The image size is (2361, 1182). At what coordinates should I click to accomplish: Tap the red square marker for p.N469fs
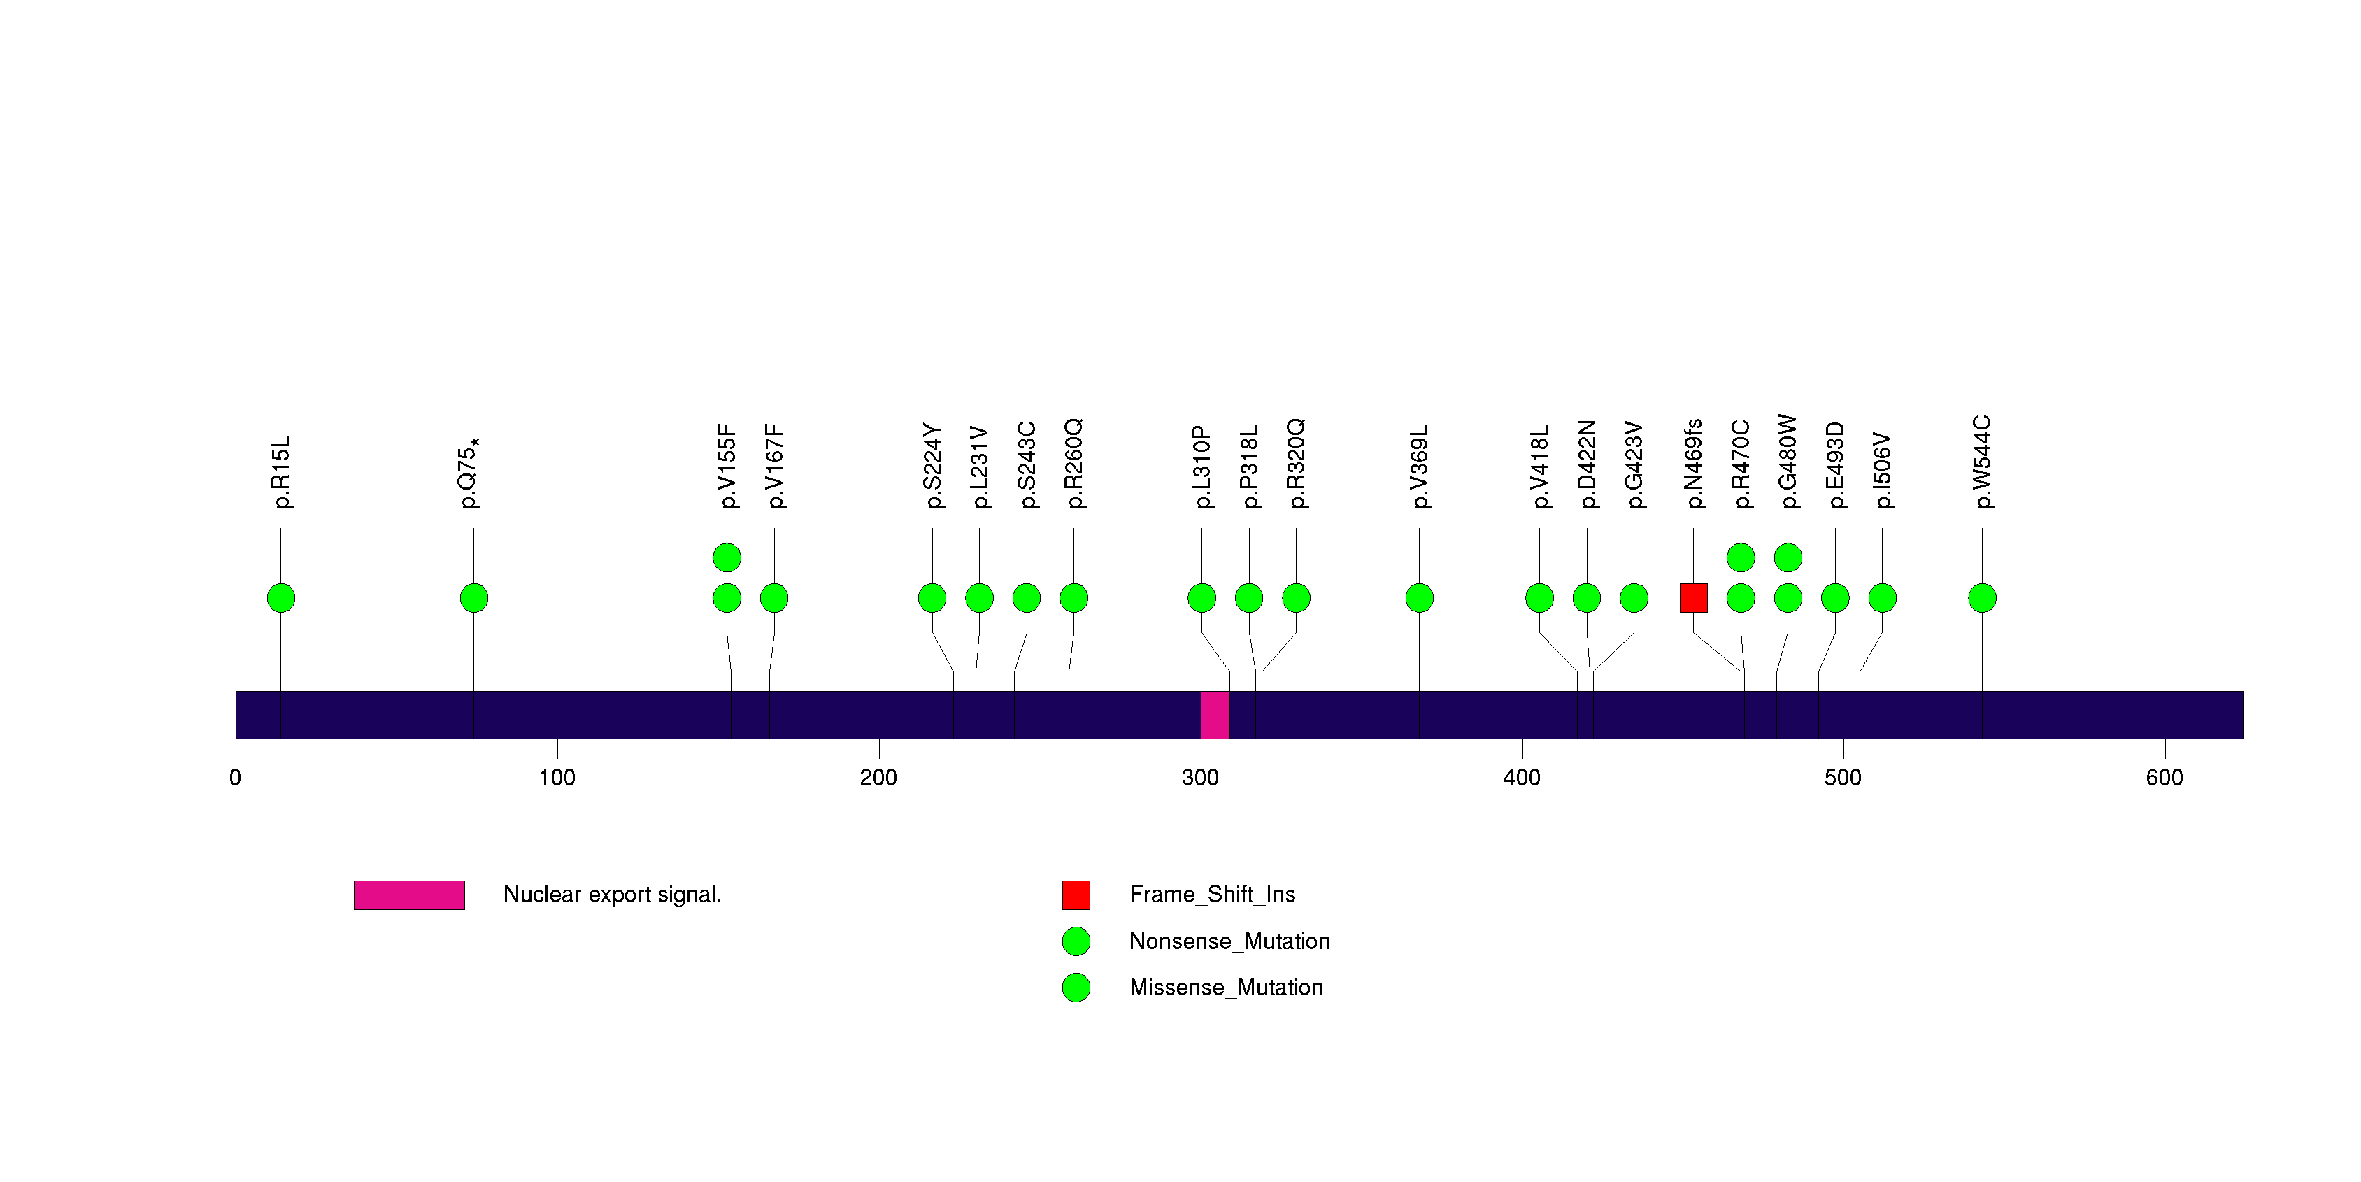coord(1693,598)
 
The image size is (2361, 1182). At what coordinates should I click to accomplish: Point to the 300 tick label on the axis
coord(1200,778)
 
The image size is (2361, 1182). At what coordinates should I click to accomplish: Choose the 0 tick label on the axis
coord(236,778)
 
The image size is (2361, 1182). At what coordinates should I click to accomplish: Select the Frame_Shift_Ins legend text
coord(1212,895)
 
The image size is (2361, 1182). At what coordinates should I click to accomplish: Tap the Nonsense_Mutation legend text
coord(1229,941)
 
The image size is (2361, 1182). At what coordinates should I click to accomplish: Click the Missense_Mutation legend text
coord(1225,988)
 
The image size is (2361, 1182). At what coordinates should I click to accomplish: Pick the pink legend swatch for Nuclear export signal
coord(409,895)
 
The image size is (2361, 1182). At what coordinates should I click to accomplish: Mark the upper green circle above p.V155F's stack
coord(727,557)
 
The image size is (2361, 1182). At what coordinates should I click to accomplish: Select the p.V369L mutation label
coord(1420,467)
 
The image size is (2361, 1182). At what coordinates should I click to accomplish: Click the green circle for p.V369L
coord(1419,598)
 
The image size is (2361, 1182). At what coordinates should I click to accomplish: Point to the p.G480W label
coord(1788,461)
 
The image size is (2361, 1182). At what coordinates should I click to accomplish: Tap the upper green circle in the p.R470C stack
coord(1741,557)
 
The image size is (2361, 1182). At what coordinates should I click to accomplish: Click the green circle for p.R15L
coord(281,598)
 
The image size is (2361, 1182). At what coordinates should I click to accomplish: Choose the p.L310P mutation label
coord(1201,467)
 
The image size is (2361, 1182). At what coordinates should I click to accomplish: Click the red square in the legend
coord(1076,895)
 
